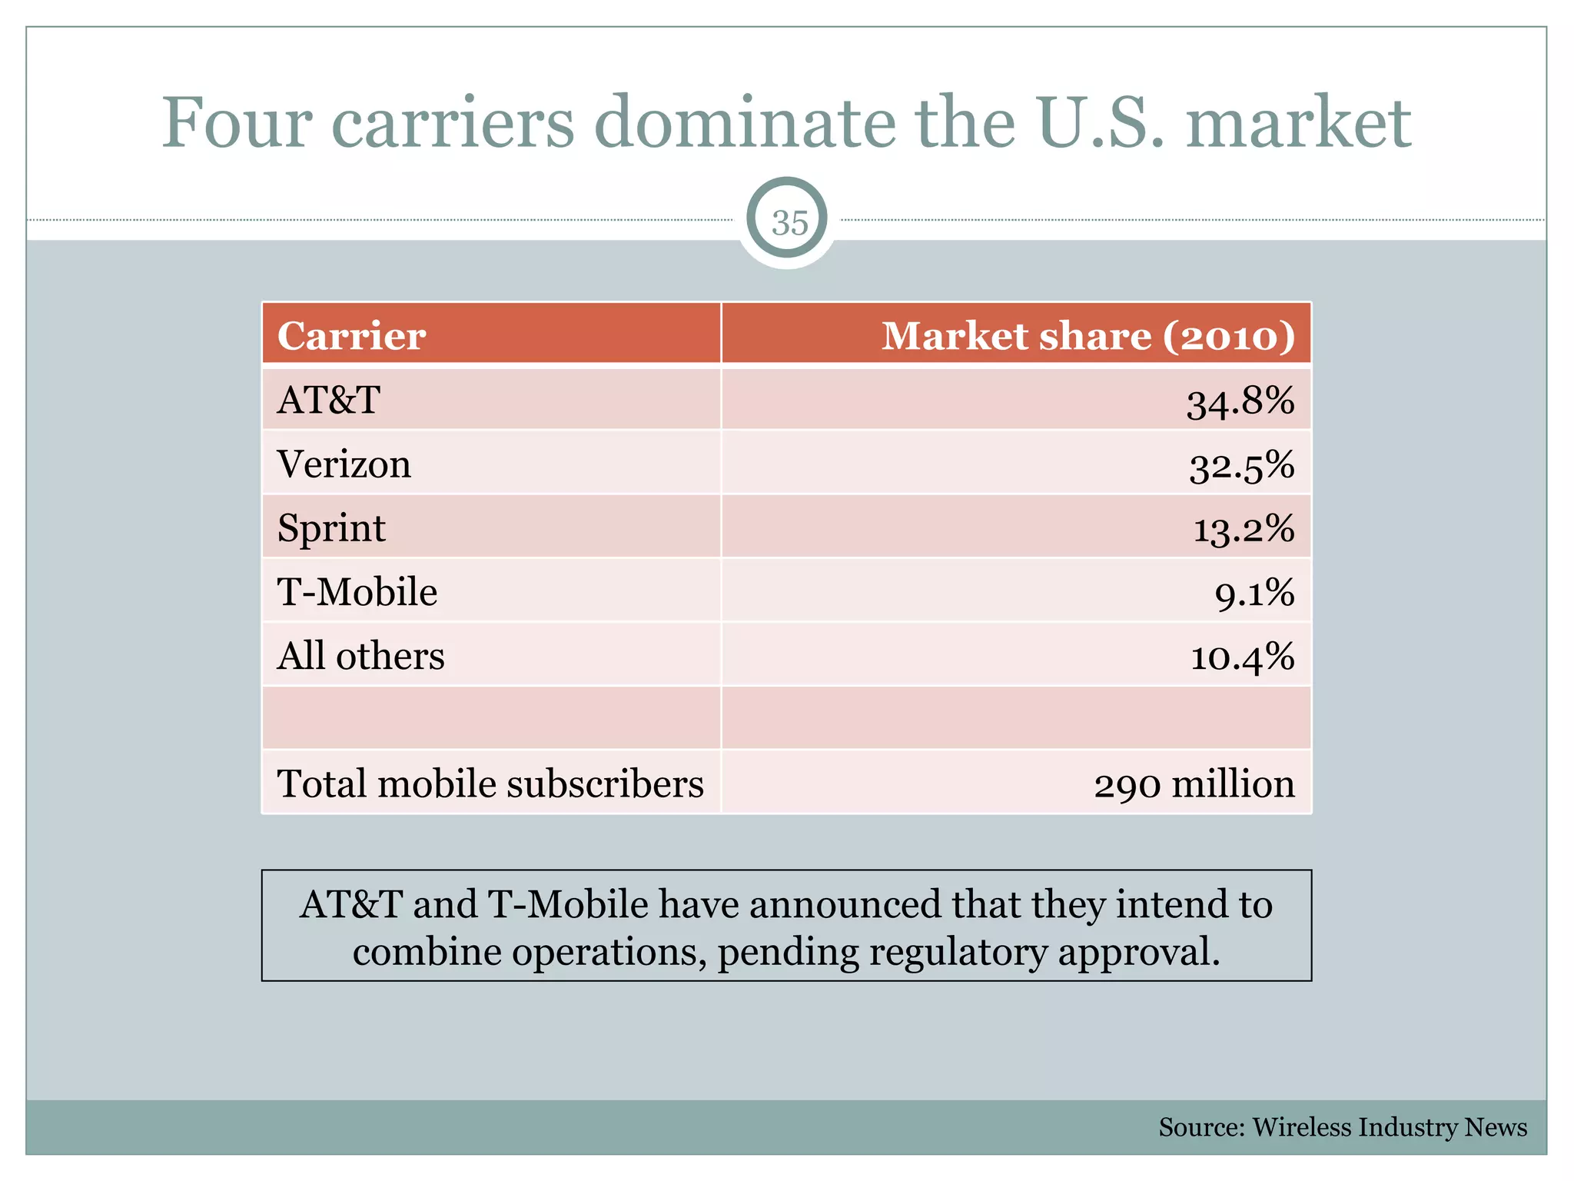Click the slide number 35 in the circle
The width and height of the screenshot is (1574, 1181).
click(x=789, y=223)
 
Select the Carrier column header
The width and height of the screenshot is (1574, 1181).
click(x=351, y=336)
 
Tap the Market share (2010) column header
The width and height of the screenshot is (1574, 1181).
click(x=1088, y=336)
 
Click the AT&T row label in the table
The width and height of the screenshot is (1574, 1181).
click(x=329, y=400)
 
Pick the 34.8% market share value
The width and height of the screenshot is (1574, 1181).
click(x=1240, y=401)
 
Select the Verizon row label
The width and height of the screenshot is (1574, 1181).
click(x=344, y=464)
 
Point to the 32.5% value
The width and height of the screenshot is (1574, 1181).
click(x=1242, y=466)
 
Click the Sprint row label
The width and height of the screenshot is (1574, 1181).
click(x=331, y=529)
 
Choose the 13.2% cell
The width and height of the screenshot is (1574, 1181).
click(x=1244, y=530)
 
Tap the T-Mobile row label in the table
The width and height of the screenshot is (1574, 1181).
click(x=357, y=592)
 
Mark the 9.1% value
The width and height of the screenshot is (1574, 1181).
click(x=1254, y=594)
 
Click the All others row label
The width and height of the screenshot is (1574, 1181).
click(x=360, y=657)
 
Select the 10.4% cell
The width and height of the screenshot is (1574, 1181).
click(x=1242, y=657)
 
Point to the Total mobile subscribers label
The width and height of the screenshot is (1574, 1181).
click(x=490, y=784)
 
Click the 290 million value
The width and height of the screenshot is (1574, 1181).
click(x=1194, y=785)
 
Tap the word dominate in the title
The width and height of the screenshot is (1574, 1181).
click(x=745, y=123)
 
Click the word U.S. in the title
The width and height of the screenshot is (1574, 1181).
click(x=1100, y=123)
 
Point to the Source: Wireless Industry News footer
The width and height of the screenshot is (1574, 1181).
click(x=1342, y=1127)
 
